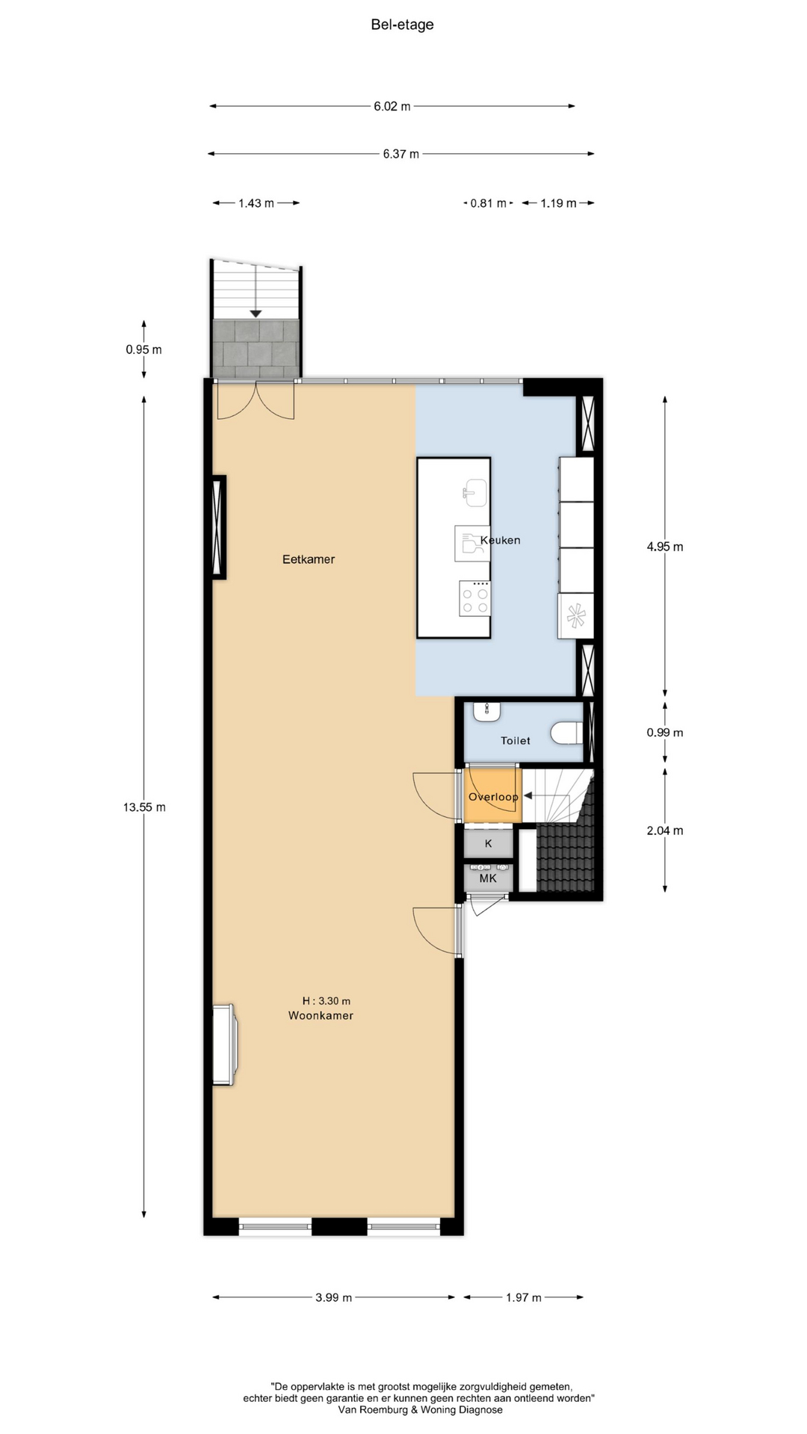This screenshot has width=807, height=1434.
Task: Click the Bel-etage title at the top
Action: (x=402, y=25)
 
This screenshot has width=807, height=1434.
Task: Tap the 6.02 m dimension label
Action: (x=392, y=106)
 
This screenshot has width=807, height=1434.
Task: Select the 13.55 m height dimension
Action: (x=144, y=807)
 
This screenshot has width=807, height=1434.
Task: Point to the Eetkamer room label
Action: (x=309, y=559)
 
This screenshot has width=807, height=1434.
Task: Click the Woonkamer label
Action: (x=321, y=1015)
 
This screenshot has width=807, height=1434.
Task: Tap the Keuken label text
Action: (x=501, y=540)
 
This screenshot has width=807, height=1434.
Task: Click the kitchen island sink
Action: (x=474, y=493)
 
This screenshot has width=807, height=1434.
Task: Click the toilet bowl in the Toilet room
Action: (x=567, y=733)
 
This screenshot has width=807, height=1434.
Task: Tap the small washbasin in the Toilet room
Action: (x=486, y=711)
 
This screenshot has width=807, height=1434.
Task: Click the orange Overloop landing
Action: (x=492, y=795)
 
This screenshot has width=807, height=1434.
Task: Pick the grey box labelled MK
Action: (x=488, y=878)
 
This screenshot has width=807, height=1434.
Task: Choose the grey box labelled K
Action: (x=489, y=843)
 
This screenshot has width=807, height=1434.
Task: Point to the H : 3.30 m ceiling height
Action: (x=327, y=1001)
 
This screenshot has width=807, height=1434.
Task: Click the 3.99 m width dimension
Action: (x=333, y=1297)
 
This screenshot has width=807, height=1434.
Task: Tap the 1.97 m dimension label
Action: (x=523, y=1297)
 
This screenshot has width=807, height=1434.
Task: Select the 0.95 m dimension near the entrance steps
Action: (x=143, y=349)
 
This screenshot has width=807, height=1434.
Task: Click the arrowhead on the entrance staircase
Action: (x=256, y=314)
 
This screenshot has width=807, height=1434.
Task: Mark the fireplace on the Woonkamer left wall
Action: (x=225, y=1043)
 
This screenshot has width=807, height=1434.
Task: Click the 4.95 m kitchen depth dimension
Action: (x=665, y=546)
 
